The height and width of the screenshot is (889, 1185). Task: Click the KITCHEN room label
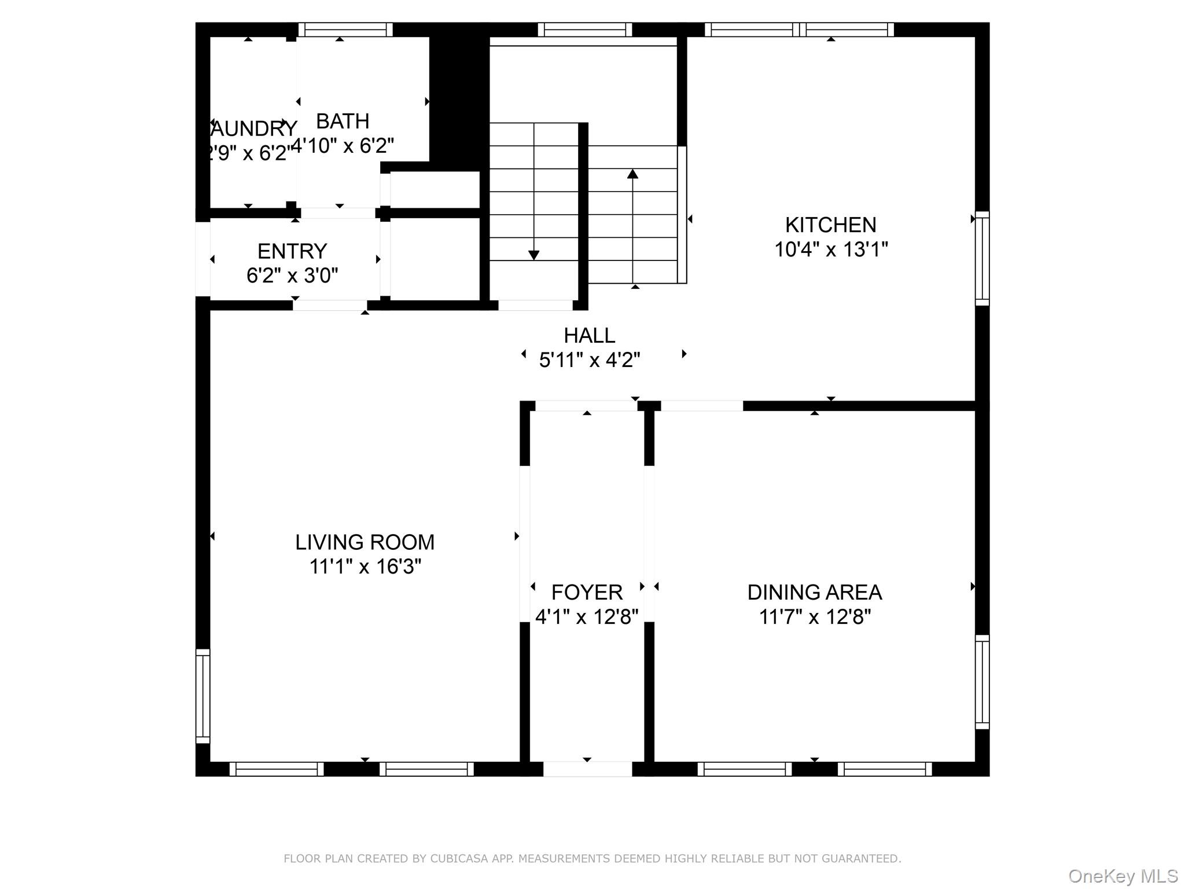click(830, 225)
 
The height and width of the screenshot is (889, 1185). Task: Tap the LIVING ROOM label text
click(365, 542)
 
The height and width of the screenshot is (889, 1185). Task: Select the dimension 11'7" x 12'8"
click(814, 617)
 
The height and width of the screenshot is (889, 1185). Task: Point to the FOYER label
click(587, 592)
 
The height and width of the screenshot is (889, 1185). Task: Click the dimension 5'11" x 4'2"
click(589, 360)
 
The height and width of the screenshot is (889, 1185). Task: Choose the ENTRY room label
click(292, 251)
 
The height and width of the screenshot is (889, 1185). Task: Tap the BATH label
click(343, 121)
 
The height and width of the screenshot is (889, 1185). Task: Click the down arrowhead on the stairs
click(533, 255)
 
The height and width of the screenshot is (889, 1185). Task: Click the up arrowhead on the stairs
click(632, 174)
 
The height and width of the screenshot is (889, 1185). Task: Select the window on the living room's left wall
click(203, 696)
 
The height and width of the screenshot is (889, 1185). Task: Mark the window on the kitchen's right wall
click(982, 258)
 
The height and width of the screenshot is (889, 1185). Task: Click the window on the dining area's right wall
click(982, 682)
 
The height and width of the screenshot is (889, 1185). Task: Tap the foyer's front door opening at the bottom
click(587, 769)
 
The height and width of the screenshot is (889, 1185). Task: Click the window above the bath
click(345, 30)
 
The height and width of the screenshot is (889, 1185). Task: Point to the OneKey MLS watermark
click(1123, 876)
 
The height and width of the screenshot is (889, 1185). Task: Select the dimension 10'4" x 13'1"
click(830, 249)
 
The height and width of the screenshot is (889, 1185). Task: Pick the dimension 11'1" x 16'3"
click(365, 567)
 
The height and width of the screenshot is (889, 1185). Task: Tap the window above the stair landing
click(584, 30)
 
